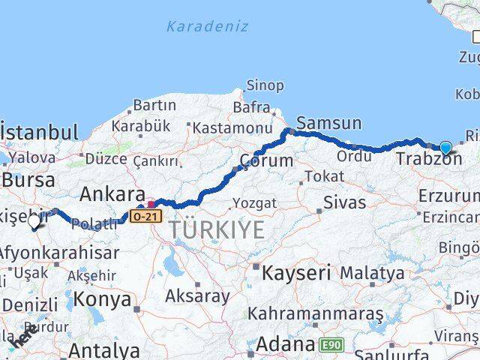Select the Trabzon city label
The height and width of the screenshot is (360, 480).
pyautogui.click(x=429, y=159)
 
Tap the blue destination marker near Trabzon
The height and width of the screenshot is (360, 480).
pyautogui.click(x=446, y=148)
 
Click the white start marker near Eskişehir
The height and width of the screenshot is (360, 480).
pyautogui.click(x=34, y=221)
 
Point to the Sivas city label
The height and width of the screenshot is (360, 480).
pyautogui.click(x=345, y=202)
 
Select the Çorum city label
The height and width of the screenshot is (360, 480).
pyautogui.click(x=266, y=160)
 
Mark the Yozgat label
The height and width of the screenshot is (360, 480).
pyautogui.click(x=255, y=202)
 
